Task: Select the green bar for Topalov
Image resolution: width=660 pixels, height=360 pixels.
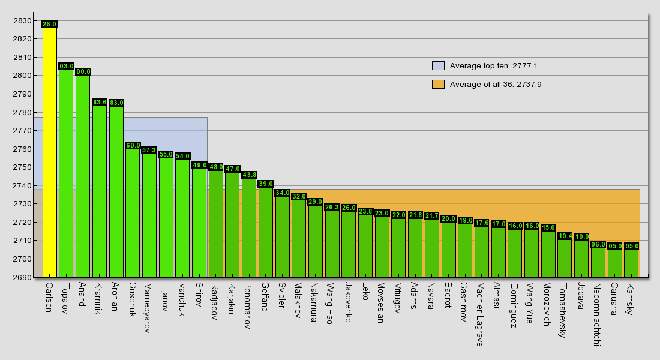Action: click(66, 173)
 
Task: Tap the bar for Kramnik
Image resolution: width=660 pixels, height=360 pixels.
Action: click(100, 191)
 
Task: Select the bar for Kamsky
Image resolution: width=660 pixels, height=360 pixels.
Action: click(631, 263)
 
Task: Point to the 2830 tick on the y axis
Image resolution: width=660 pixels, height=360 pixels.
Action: click(22, 20)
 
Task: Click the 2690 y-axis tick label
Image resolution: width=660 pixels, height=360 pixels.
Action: click(22, 277)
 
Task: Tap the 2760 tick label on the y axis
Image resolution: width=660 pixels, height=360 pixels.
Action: click(22, 149)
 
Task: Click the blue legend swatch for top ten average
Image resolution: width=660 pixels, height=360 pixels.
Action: click(438, 65)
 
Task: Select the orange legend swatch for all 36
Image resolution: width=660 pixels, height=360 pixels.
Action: click(438, 84)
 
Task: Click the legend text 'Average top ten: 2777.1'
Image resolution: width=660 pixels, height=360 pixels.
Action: click(494, 65)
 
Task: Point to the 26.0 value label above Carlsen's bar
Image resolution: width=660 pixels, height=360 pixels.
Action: click(49, 25)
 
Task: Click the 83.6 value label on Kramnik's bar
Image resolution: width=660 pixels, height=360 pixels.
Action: click(100, 103)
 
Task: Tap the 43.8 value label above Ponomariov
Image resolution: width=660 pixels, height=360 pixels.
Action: click(249, 175)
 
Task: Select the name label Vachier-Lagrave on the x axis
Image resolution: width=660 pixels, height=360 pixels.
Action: click(479, 314)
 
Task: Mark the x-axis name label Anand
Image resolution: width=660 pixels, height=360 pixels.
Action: click(82, 295)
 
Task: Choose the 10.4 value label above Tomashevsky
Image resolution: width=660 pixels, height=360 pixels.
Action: click(565, 236)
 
